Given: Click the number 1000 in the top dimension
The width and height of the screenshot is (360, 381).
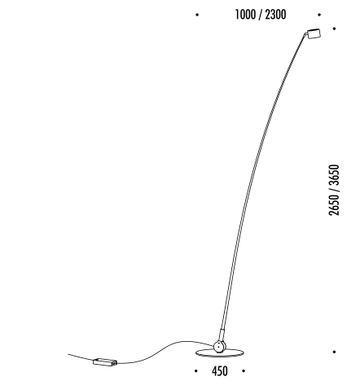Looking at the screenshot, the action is [245, 15].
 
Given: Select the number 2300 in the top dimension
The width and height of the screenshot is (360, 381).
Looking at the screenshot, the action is [275, 15].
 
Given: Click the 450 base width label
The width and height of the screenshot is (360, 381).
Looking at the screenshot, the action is [220, 371].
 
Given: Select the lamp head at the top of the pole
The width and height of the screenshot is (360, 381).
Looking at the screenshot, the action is [314, 33].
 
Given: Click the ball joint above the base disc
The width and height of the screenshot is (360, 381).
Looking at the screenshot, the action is [219, 347].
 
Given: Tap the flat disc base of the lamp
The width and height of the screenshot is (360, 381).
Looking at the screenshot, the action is [220, 353].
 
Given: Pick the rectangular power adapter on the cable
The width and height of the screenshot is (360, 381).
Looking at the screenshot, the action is [105, 361].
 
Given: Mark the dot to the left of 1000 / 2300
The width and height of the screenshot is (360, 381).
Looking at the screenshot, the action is [197, 15].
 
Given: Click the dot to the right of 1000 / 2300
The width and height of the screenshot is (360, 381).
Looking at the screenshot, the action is [319, 15].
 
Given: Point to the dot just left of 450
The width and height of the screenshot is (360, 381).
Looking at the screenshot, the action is [196, 370].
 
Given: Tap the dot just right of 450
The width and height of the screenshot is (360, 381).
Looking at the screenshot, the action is [244, 370].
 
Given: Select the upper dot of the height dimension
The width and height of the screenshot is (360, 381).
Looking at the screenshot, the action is [335, 28].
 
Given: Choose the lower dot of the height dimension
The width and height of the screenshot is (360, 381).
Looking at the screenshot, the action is [334, 352].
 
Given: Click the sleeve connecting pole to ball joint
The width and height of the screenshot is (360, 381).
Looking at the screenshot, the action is [222, 335].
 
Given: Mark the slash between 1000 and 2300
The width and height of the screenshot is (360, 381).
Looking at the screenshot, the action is [261, 15].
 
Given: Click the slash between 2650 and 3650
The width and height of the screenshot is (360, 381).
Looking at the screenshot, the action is [334, 190].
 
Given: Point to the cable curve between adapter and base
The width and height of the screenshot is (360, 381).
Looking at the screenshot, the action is [164, 351].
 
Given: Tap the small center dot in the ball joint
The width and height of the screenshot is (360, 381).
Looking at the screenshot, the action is [218, 346].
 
